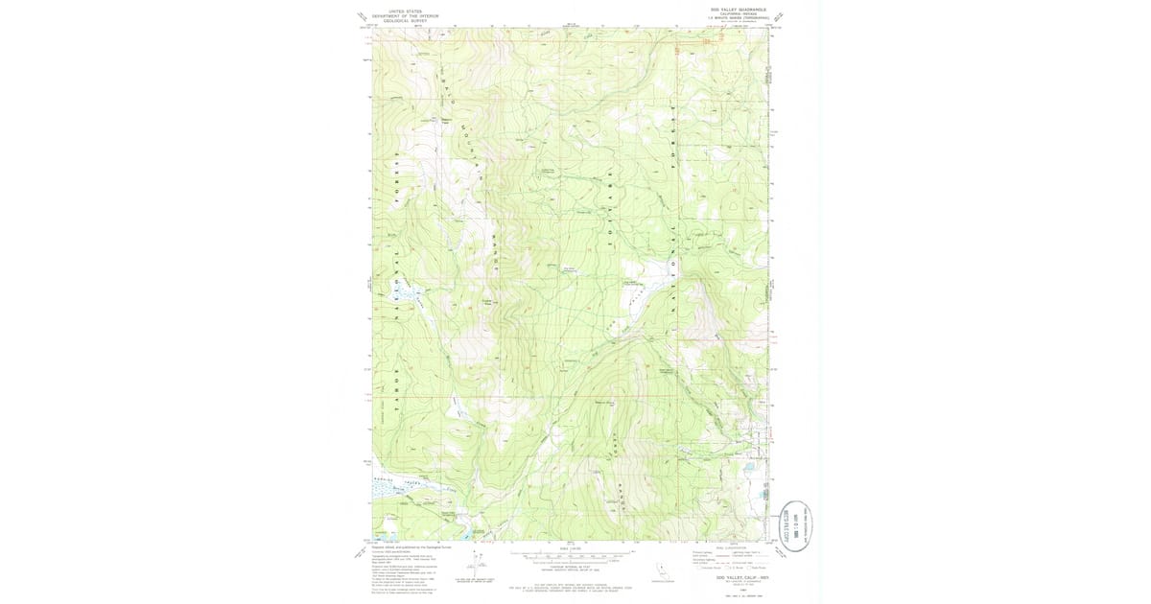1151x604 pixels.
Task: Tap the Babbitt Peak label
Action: tap(444, 121)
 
